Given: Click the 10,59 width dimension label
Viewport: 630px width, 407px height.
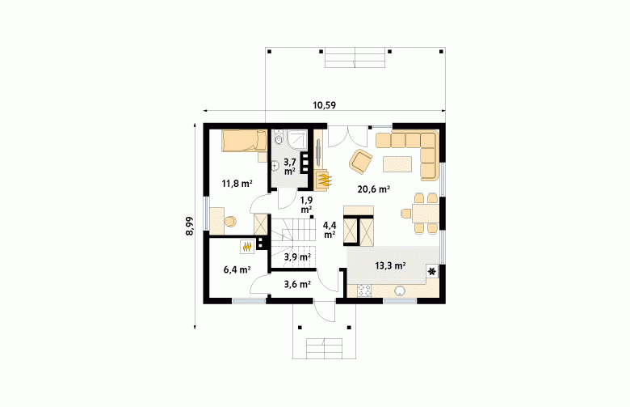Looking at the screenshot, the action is point(324,105).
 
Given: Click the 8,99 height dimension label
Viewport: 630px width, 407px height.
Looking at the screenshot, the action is point(190,226).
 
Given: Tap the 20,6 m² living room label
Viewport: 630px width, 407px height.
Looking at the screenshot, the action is point(374,189).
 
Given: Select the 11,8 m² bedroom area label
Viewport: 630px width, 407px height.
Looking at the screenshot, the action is point(237,184).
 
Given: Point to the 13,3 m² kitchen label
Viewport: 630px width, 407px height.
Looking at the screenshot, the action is point(390,265).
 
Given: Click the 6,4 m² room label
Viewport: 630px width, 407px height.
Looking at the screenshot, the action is point(237,269).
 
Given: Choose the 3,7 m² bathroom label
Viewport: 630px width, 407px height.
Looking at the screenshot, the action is point(290,166).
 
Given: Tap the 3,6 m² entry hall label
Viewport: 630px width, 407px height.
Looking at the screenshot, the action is point(297,285).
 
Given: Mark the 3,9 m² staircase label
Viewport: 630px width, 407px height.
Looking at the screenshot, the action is point(297,256).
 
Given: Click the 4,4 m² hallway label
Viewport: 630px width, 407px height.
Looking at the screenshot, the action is point(330,230).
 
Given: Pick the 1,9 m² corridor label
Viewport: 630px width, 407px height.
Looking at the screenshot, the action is point(307,205).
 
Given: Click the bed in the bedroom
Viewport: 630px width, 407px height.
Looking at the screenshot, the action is point(245,141).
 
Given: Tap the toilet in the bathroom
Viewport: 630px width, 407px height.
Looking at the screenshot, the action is point(278,137).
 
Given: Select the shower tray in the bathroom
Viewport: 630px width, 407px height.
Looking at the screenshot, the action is point(297,139).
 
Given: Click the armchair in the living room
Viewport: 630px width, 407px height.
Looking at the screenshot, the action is point(361,162).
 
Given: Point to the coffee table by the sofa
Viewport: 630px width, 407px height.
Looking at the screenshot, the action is point(397,163).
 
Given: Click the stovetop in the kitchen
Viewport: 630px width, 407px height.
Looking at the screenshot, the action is point(364,290).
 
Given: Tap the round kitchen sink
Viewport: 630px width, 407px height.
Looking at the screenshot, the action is point(400,290).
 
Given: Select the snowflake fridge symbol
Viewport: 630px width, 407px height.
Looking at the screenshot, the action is point(432,272).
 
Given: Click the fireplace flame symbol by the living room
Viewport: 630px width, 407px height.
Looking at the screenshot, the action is point(323,179).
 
